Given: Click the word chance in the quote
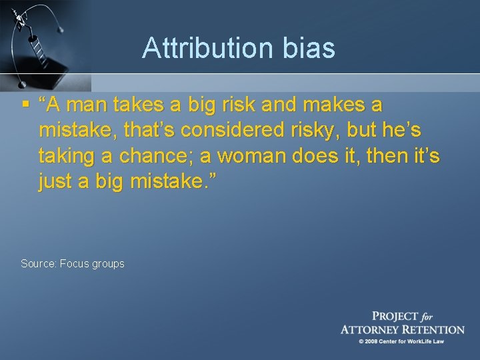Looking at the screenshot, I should [x=159, y=157].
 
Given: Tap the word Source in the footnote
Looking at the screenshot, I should [x=37, y=264].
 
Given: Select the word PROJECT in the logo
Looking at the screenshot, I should [x=395, y=317].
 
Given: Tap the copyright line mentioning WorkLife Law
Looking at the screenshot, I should [x=401, y=342].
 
